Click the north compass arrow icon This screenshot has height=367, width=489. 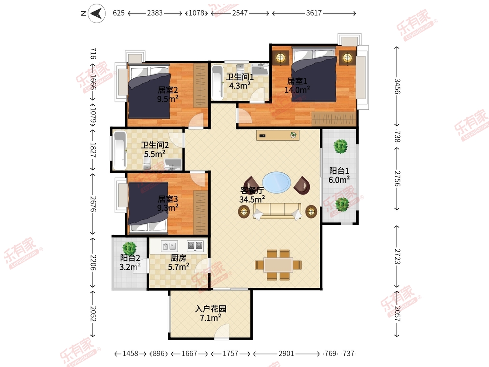[97, 13]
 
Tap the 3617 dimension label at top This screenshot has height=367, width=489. [314, 13]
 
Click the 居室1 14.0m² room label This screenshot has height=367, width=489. [297, 86]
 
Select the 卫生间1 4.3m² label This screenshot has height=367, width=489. [240, 81]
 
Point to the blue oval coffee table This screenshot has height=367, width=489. [276, 183]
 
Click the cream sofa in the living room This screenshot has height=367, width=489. [277, 211]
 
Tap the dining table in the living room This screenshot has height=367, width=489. [278, 265]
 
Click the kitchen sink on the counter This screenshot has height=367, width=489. [169, 246]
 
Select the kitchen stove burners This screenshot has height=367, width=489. [195, 246]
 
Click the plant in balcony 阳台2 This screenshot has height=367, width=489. [129, 248]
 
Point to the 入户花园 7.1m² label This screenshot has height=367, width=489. [211, 313]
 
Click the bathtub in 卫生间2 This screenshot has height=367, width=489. [120, 150]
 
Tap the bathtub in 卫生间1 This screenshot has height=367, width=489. [217, 82]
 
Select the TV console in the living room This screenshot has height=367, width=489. [278, 135]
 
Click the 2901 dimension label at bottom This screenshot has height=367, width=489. [286, 354]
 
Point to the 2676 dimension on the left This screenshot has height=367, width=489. [93, 204]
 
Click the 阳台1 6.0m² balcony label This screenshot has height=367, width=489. [339, 175]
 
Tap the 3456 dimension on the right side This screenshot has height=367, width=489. [397, 86]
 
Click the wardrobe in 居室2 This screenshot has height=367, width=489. [200, 86]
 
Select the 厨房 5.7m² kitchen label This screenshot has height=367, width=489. [178, 262]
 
